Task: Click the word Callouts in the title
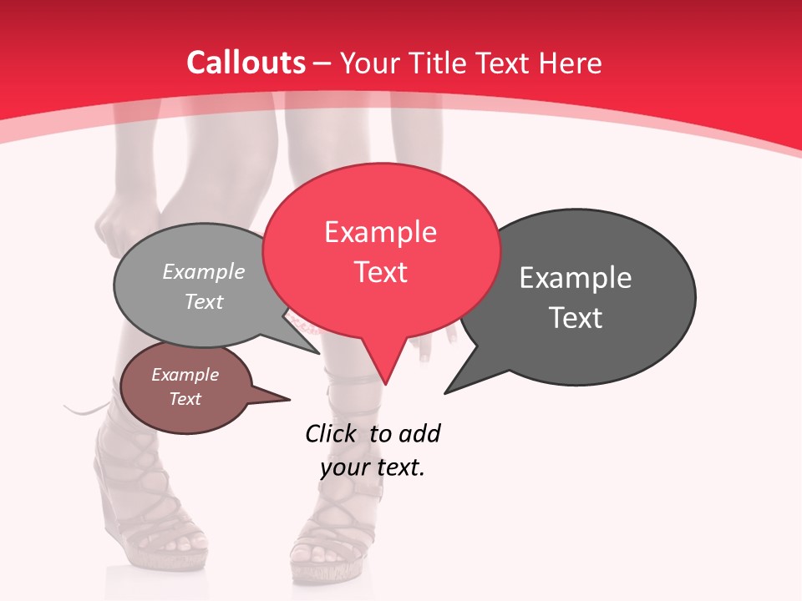[246, 63]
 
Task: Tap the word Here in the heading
[569, 63]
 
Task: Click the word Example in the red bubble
[380, 232]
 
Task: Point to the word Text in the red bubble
[380, 272]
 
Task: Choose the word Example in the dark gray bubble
[576, 278]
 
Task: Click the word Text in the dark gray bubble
[576, 318]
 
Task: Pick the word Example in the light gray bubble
[204, 271]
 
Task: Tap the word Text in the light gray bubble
[204, 301]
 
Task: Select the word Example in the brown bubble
[185, 375]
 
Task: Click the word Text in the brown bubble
[185, 399]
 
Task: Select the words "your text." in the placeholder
[373, 467]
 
